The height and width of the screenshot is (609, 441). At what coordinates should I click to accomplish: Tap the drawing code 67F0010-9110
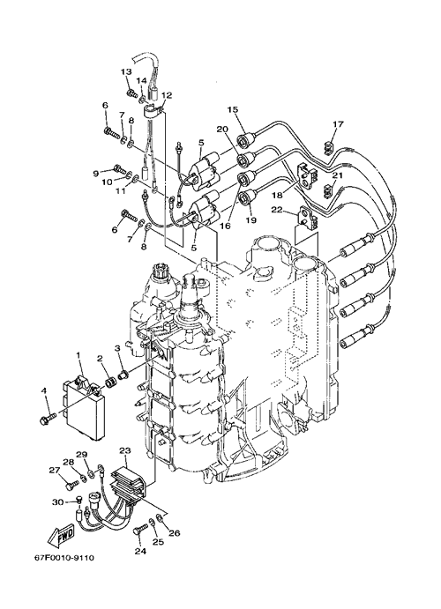coord(64,558)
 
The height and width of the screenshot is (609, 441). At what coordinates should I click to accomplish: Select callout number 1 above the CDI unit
coord(78,355)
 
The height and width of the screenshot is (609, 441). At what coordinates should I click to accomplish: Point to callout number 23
coord(125,451)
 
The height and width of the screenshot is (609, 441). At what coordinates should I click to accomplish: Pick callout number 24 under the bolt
coord(140,551)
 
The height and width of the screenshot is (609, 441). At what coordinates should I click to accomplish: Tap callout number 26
coord(175,533)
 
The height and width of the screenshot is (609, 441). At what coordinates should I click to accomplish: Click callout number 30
coord(57,502)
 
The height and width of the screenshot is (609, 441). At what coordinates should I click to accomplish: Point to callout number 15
coord(232,110)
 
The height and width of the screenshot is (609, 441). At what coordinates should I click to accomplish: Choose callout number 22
coord(287,210)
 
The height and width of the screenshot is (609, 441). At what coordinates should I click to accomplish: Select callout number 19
coord(251,219)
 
